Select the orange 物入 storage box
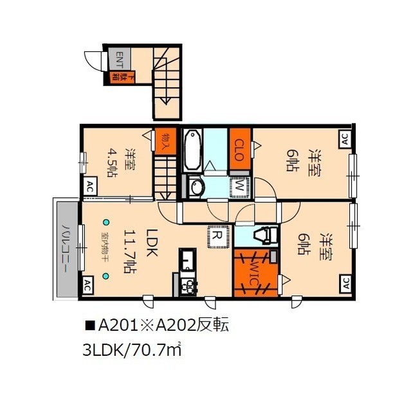point(165,140)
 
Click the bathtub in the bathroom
point(192,150)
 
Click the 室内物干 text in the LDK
point(105,250)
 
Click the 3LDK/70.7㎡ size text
point(134,351)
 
